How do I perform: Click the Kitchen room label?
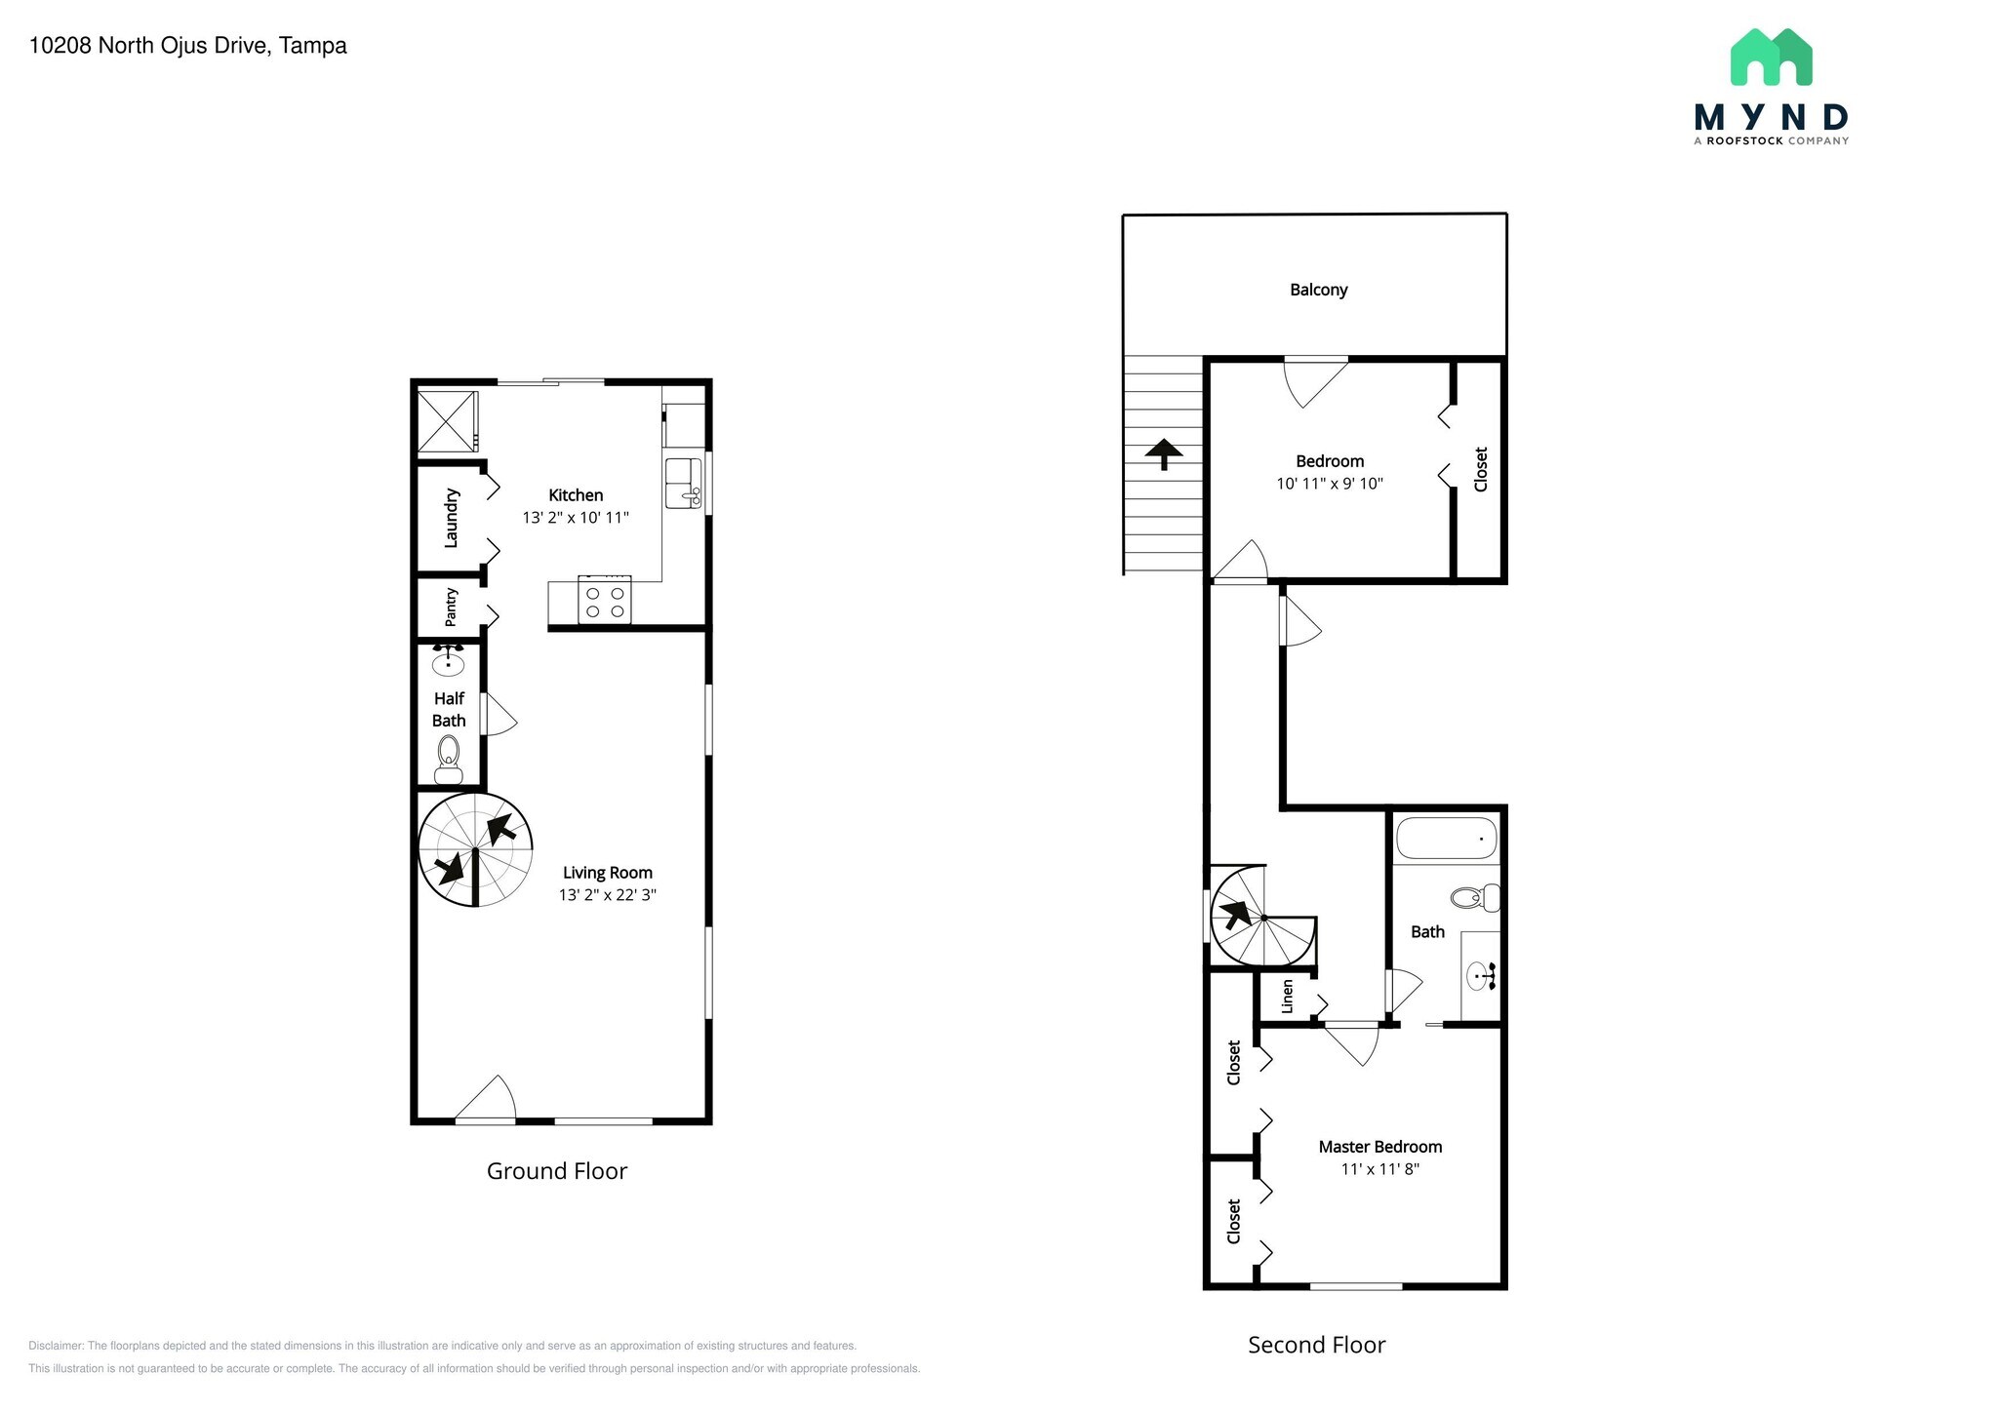[576, 495]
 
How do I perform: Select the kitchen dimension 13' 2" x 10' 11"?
[576, 518]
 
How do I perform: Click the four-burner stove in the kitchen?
[605, 601]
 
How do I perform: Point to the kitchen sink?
[684, 484]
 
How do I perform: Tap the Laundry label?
[451, 518]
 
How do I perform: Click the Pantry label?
[451, 607]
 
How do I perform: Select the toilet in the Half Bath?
[449, 758]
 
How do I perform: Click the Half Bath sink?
[449, 663]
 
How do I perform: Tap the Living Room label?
[607, 873]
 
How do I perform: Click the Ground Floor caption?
[556, 1171]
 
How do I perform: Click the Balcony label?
[1318, 290]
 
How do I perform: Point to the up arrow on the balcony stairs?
[1163, 453]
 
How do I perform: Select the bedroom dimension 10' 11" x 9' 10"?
[1329, 484]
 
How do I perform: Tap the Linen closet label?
[1287, 997]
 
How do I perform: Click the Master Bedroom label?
[1379, 1147]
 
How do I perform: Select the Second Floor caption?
[1316, 1345]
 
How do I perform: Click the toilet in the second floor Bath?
[1474, 897]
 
